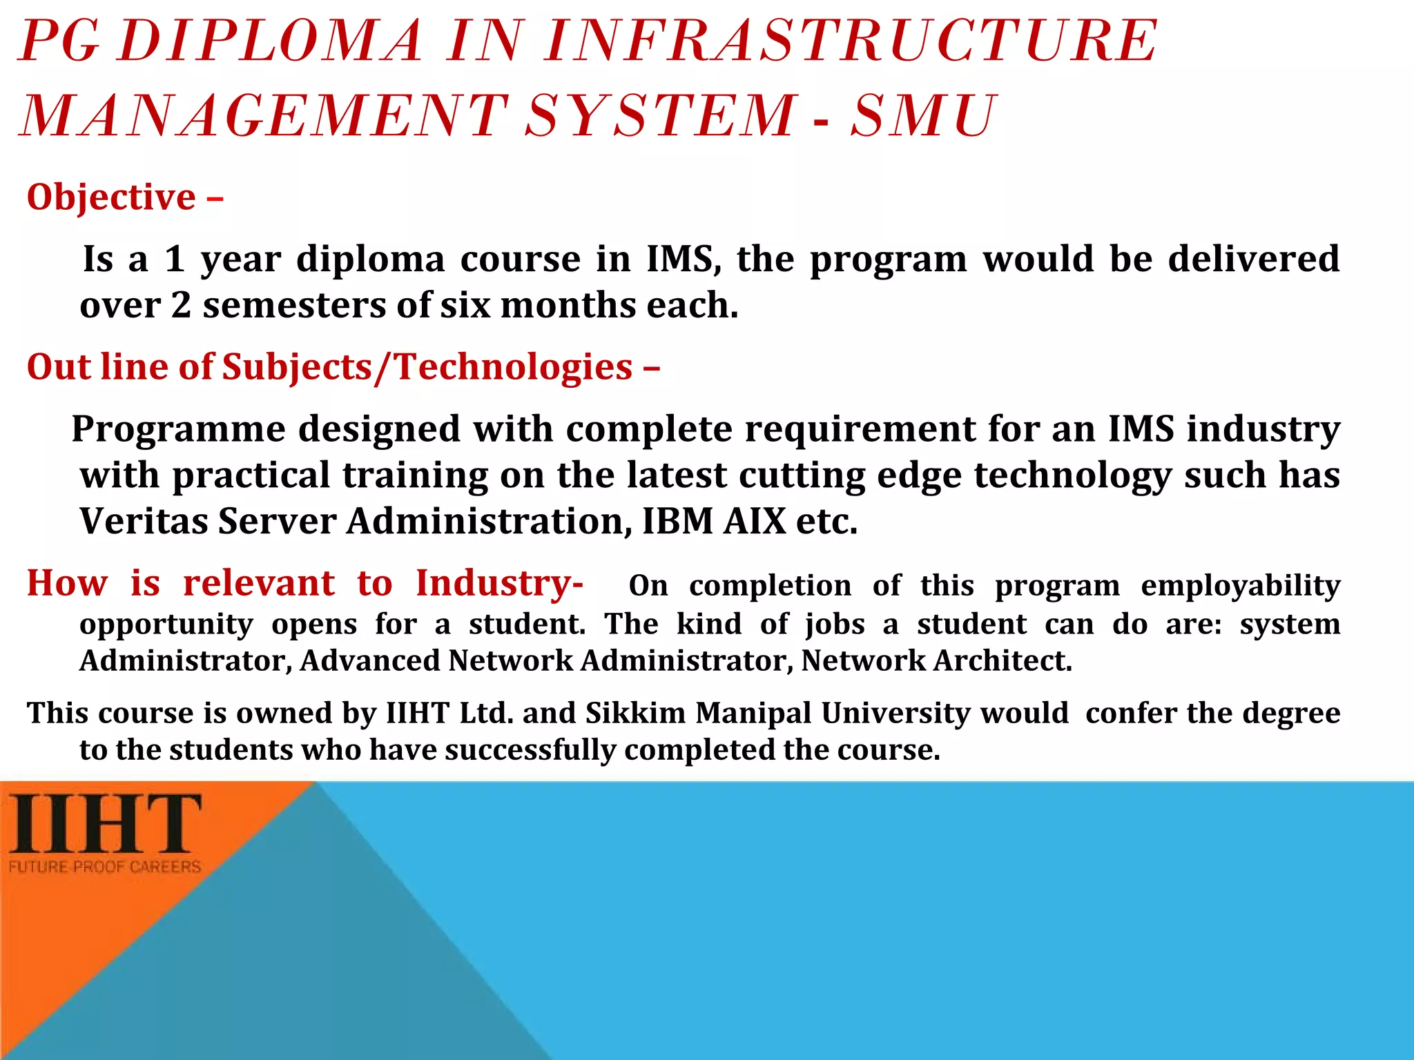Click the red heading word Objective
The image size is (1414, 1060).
(x=111, y=198)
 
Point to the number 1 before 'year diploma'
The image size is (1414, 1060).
(x=175, y=259)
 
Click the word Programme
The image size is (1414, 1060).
(x=178, y=430)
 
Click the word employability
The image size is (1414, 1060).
(x=1240, y=587)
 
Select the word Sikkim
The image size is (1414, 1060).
(x=635, y=714)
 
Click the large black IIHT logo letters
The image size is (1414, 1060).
(x=106, y=824)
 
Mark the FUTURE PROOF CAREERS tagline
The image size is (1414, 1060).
(x=105, y=867)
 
